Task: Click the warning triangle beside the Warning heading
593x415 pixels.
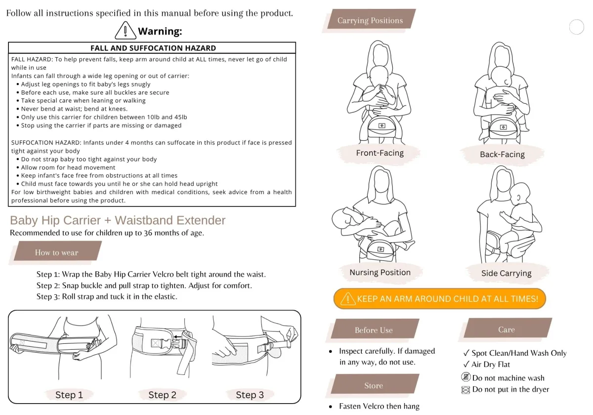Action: click(126, 31)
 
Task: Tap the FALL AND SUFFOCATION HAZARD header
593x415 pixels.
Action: click(153, 48)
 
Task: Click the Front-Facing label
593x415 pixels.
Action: click(380, 153)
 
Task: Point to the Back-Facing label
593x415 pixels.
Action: click(502, 154)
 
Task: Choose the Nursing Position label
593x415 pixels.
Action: click(380, 272)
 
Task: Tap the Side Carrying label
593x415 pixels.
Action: click(506, 273)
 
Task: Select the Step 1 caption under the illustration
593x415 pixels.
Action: click(69, 395)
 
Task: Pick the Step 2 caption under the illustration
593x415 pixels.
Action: click(162, 395)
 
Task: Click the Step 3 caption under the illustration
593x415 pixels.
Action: click(250, 395)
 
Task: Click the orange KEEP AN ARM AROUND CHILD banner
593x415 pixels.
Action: click(439, 298)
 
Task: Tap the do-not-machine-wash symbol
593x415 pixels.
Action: click(466, 377)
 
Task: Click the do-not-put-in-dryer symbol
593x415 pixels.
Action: click(466, 390)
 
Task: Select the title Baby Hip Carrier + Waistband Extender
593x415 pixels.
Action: click(118, 220)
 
